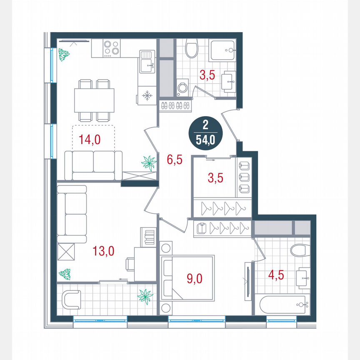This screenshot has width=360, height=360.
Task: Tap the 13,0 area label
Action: [x=103, y=251]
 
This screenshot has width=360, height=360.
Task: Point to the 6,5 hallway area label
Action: [x=175, y=159]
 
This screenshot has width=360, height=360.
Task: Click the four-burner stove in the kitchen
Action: [x=112, y=48]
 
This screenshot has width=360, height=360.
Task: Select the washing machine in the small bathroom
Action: [x=182, y=88]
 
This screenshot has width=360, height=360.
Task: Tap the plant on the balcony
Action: [x=145, y=296]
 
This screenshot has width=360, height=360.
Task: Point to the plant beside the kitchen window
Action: [x=63, y=55]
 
